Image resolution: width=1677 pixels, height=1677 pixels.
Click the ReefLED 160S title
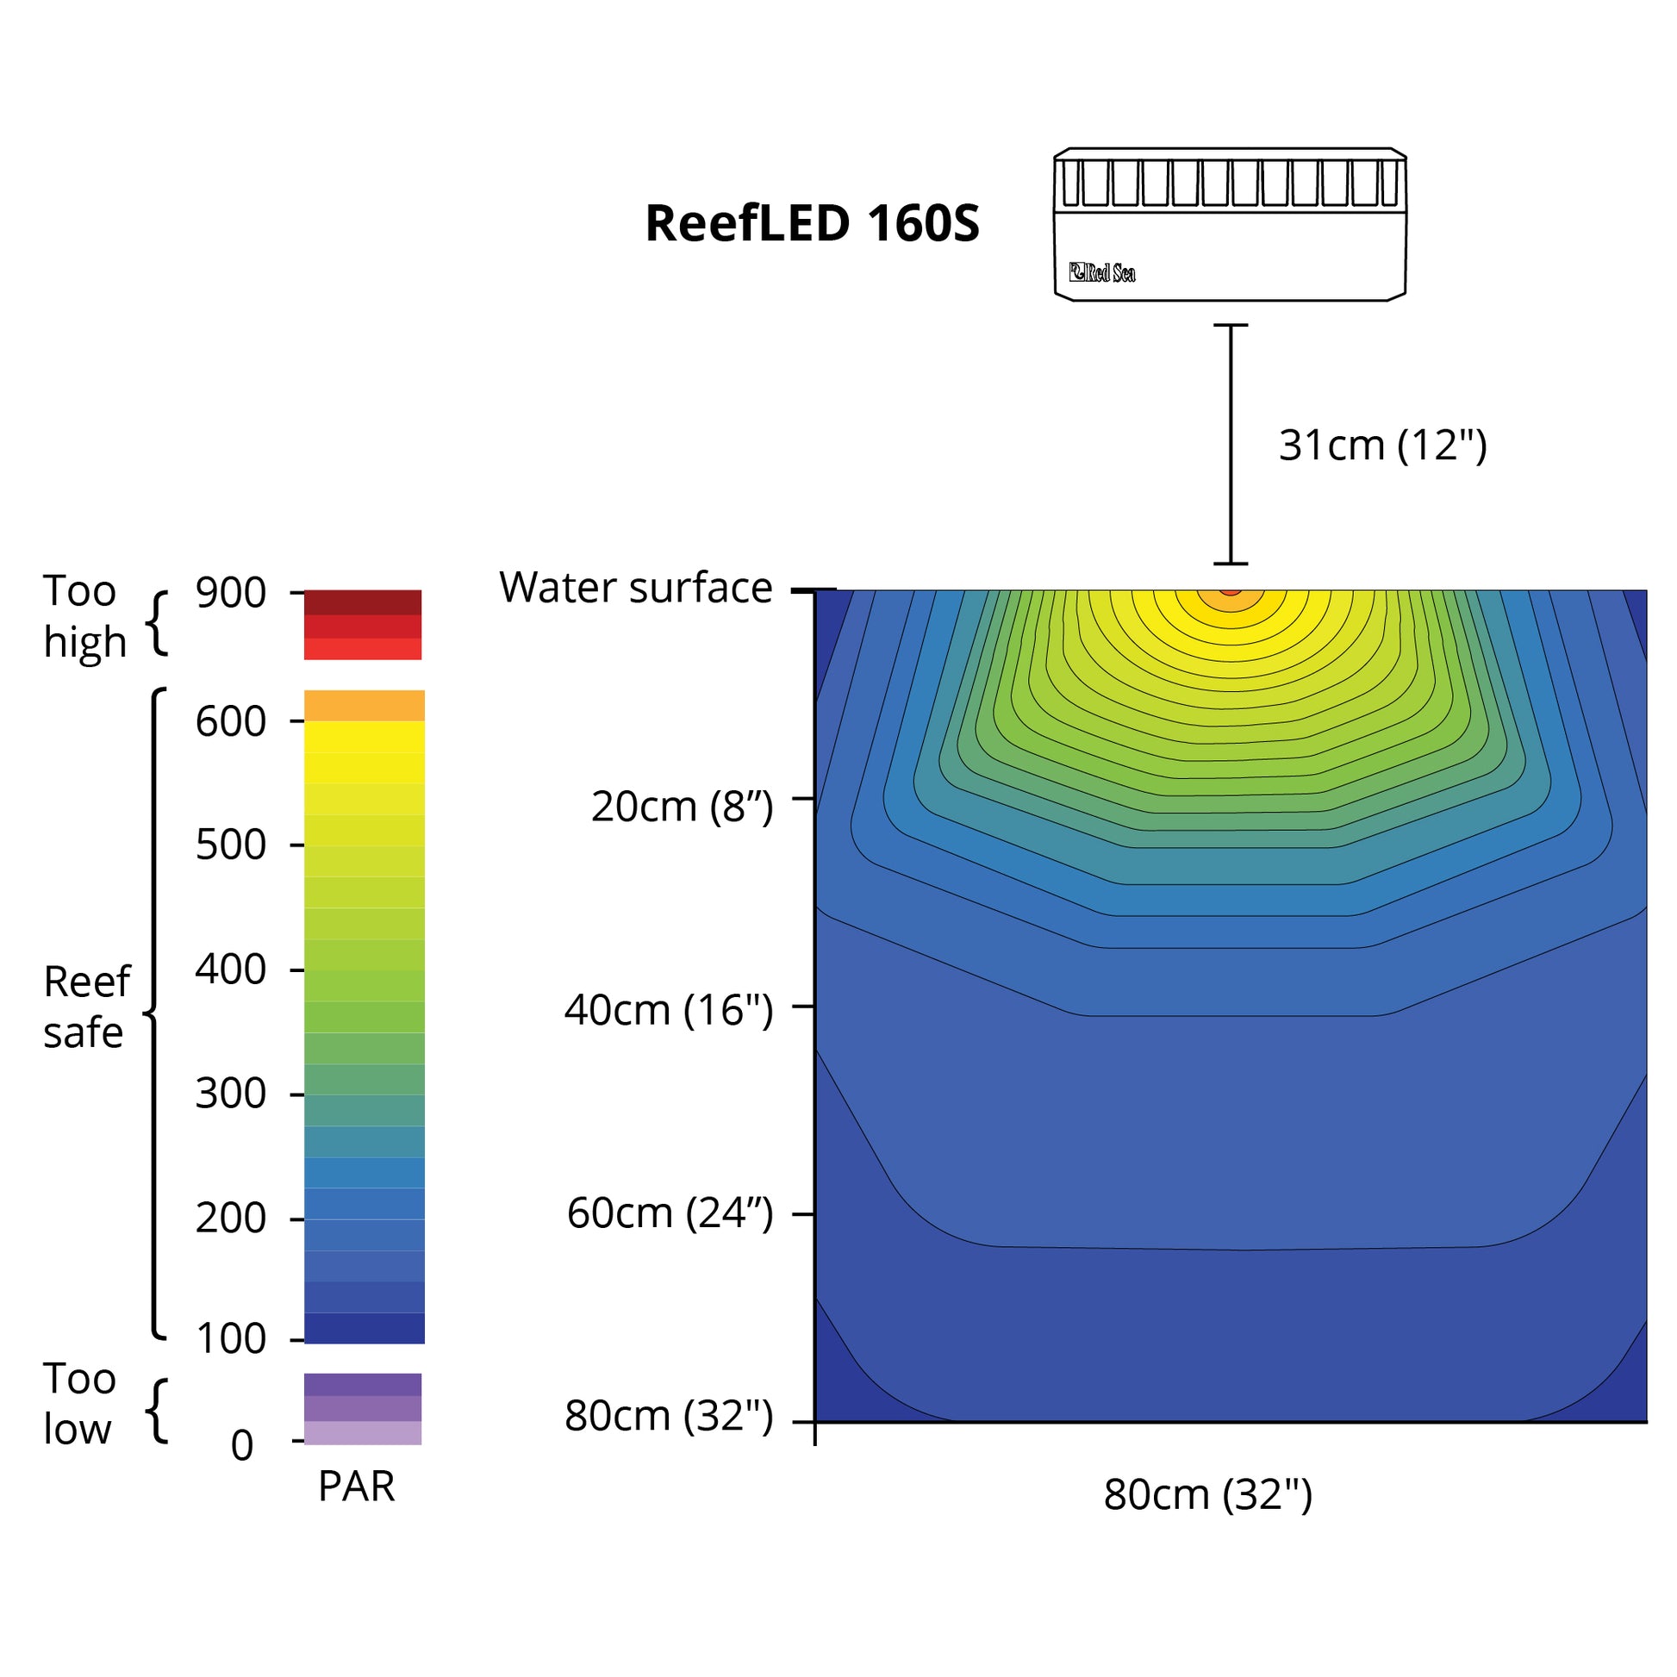812,223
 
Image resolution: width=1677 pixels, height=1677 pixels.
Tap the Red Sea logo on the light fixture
1101,272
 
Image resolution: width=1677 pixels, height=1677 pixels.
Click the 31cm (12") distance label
1382,446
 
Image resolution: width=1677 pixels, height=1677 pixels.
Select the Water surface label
635,588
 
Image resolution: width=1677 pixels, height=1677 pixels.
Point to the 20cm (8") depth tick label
682,807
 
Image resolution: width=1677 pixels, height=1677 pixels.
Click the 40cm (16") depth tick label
669,1009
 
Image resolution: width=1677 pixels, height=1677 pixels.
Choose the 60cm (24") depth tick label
670,1213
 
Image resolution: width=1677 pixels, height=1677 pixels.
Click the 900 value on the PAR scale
230,594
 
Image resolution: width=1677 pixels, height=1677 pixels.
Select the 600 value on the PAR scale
230,721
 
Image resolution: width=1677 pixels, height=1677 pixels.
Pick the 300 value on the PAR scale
230,1094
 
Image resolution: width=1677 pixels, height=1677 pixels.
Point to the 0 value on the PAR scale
242,1446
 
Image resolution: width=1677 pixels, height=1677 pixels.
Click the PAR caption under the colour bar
356,1486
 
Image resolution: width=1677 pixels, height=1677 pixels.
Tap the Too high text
84,616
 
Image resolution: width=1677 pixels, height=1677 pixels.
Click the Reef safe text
86,1007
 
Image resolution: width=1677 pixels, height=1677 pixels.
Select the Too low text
78,1404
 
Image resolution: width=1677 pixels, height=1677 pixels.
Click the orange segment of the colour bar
364,705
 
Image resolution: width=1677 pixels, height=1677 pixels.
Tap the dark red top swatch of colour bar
362,602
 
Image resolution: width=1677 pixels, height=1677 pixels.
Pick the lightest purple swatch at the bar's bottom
362,1432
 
